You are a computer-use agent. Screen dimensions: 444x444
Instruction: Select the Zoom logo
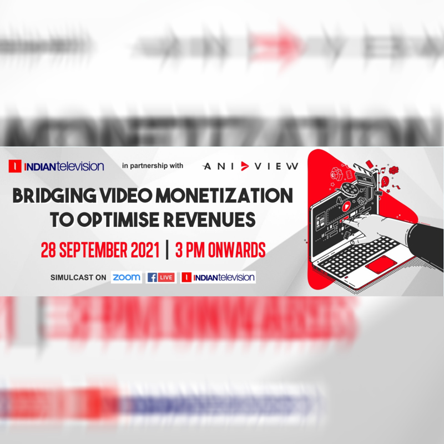point(126,277)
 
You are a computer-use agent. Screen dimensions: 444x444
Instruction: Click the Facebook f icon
point(151,277)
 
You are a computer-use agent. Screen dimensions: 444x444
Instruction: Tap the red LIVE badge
point(167,277)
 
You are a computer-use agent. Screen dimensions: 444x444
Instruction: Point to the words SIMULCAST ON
point(78,277)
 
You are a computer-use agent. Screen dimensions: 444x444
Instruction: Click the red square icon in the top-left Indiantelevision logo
point(14,166)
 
